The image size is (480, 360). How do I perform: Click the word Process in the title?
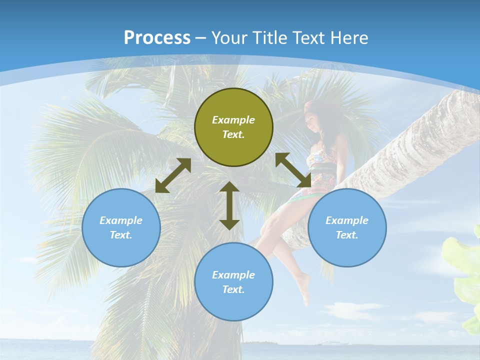click(x=157, y=38)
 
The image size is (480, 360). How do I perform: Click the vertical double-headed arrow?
click(x=229, y=205)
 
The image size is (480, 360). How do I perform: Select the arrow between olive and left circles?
click(x=173, y=175)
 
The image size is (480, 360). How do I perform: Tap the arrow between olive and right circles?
click(x=293, y=170)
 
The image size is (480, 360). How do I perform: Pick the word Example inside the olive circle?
click(x=233, y=120)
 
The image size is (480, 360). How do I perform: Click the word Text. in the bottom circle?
click(x=233, y=289)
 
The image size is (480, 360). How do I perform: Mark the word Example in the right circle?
click(x=347, y=220)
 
